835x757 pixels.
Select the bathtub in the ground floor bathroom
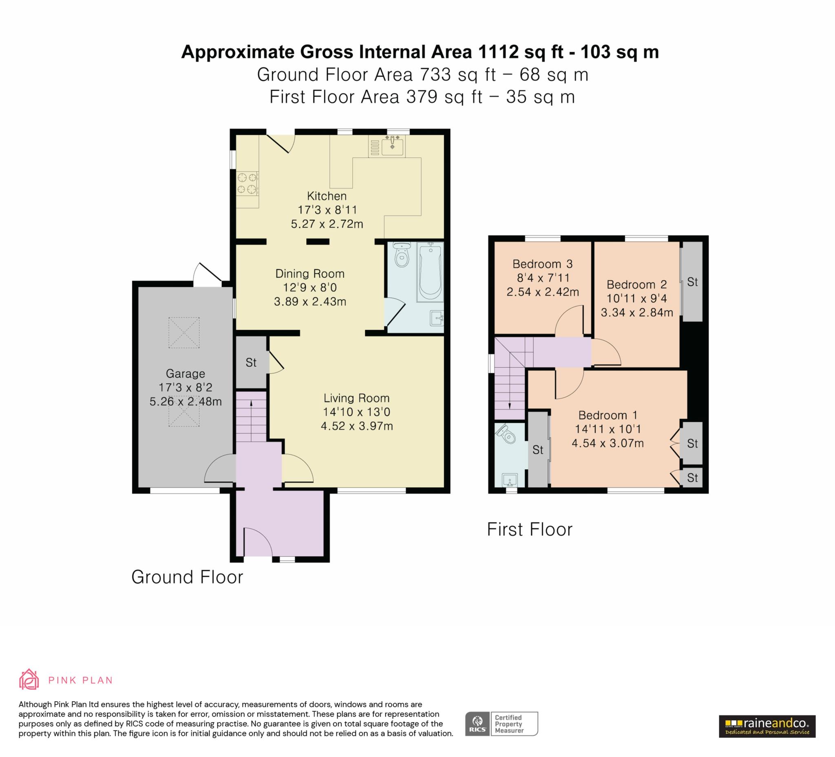430,271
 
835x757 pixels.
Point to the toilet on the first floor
506,433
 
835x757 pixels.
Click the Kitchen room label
327,196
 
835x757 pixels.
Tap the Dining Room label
310,273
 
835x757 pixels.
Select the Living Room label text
357,398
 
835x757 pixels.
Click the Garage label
186,373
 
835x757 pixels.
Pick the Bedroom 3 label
543,264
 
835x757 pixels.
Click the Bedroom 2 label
636,285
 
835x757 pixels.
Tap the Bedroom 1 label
607,415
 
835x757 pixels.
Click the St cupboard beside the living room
252,362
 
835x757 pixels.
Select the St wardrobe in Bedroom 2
692,282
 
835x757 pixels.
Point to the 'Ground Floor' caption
187,577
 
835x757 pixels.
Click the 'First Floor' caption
530,529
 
